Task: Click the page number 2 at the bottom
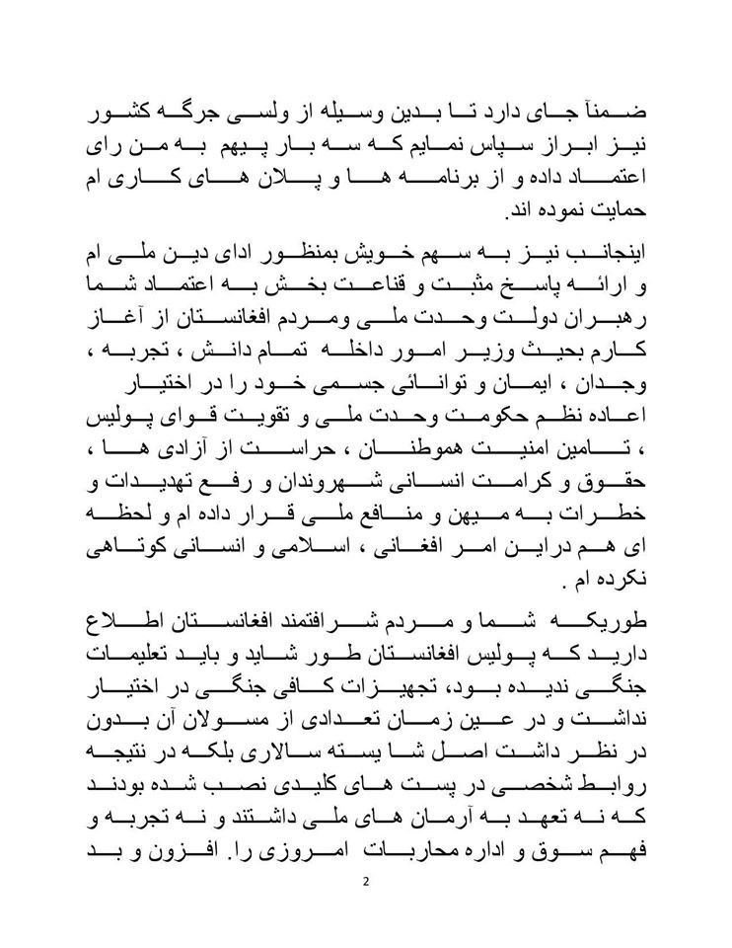[365, 882]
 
